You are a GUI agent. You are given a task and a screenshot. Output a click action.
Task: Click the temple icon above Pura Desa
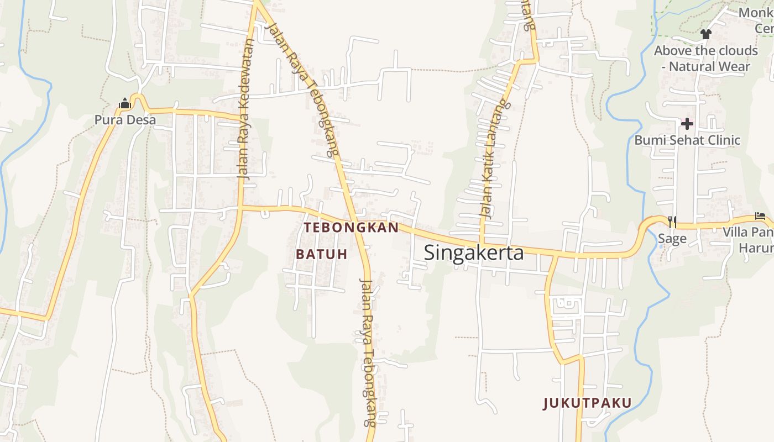124,103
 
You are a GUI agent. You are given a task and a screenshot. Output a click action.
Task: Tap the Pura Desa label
125,119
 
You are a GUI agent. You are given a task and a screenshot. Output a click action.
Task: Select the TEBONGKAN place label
351,228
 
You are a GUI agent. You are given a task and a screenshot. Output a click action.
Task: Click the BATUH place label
322,254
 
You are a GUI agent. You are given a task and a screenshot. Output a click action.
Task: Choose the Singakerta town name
474,252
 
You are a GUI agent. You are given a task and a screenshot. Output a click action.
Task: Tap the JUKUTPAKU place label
587,403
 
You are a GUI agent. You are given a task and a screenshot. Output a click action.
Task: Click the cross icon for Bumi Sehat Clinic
687,124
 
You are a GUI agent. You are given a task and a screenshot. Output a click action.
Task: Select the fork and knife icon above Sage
672,222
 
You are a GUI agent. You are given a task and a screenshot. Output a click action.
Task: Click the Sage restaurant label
672,239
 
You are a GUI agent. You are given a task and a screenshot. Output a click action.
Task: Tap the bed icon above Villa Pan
761,217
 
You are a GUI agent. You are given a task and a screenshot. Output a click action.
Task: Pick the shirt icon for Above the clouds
705,34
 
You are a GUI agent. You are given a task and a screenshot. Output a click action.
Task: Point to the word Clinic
721,140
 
